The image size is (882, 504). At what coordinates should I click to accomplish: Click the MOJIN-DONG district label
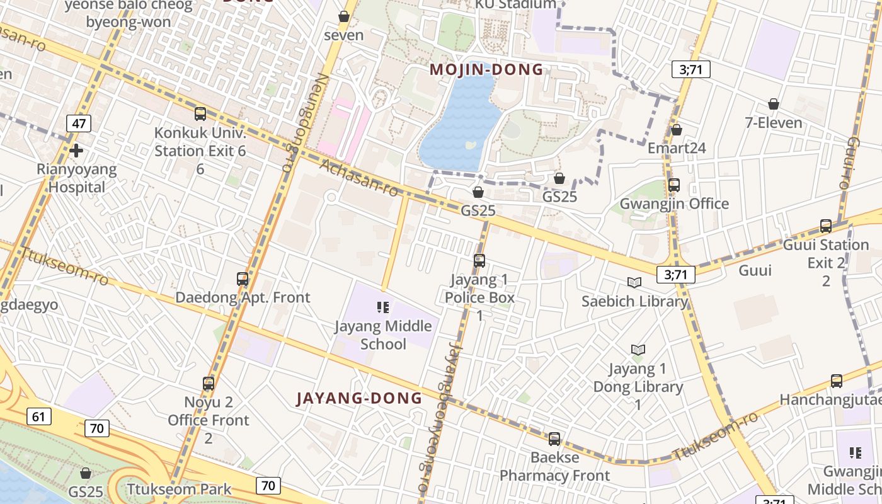(x=486, y=69)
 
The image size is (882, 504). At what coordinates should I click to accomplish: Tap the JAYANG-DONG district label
(x=359, y=398)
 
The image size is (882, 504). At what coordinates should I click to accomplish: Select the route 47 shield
(x=79, y=123)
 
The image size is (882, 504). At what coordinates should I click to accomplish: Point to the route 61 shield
(x=39, y=416)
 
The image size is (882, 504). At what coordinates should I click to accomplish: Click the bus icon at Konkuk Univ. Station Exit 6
(x=200, y=114)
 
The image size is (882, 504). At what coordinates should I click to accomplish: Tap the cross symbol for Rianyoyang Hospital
(x=76, y=151)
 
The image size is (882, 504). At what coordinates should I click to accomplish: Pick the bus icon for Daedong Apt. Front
(x=243, y=278)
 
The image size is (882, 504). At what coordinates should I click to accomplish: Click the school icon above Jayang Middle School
(x=383, y=307)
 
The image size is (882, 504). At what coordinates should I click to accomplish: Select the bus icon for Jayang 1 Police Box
(x=479, y=260)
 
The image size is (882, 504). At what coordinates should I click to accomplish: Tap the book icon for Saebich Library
(x=634, y=283)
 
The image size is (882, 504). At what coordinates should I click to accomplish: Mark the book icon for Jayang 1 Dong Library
(x=638, y=350)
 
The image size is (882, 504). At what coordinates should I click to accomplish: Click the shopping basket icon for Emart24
(x=677, y=130)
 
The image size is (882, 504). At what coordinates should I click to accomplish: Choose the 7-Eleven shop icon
(x=774, y=104)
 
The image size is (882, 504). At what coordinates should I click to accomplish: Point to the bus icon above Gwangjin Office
(x=674, y=185)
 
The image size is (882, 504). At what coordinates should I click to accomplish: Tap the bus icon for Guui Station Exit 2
(x=826, y=226)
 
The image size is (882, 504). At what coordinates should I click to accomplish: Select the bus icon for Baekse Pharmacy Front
(x=554, y=439)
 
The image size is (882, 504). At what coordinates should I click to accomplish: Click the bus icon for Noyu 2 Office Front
(x=209, y=383)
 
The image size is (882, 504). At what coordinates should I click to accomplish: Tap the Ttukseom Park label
(x=179, y=489)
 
